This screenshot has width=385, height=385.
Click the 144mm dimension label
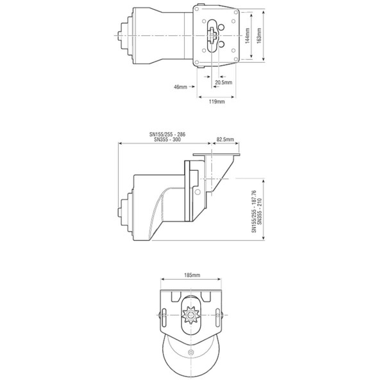248,37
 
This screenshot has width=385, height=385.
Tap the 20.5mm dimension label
224,83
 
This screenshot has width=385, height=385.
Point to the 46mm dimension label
181,86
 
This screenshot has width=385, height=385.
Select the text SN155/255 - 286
167,135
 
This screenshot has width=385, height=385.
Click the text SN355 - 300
167,141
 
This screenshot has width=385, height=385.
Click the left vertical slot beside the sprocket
166,315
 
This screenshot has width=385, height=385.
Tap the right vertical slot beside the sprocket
219,315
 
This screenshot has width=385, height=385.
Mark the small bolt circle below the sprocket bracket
192,353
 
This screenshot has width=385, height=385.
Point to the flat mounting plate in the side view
219,156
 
